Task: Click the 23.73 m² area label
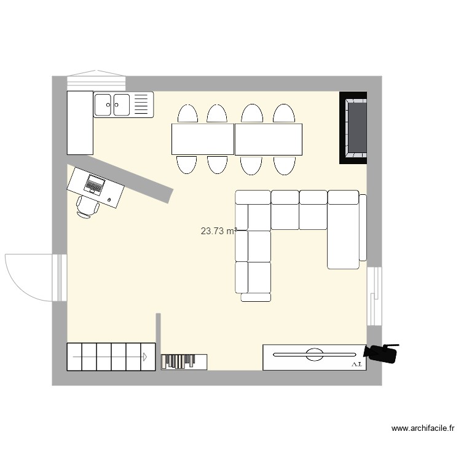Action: click(218, 231)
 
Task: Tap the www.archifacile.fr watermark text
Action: click(423, 428)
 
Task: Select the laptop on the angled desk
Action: click(95, 184)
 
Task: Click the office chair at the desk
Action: click(87, 207)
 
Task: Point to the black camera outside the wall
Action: click(382, 353)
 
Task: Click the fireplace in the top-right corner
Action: click(353, 128)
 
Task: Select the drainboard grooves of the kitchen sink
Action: click(141, 104)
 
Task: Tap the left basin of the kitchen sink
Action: click(103, 104)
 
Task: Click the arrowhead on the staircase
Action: click(144, 357)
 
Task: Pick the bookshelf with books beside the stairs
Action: click(184, 361)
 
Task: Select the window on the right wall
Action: click(374, 296)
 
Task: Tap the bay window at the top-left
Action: click(97, 81)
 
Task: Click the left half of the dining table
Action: click(203, 139)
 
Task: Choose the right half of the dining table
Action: click(269, 139)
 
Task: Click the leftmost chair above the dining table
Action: click(187, 114)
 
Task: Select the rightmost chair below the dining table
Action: click(285, 165)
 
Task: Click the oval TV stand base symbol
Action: click(315, 354)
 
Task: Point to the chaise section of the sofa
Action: click(344, 230)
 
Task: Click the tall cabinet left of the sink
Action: click(80, 122)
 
